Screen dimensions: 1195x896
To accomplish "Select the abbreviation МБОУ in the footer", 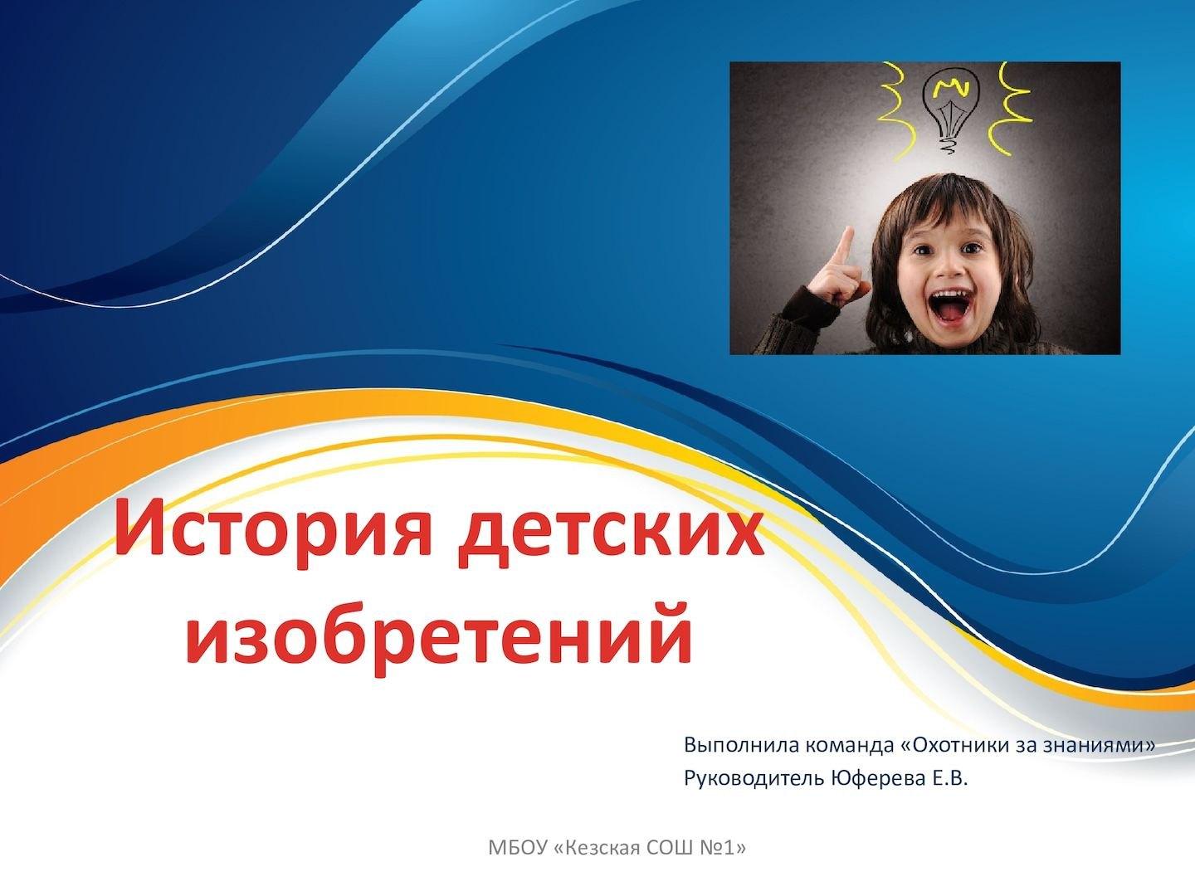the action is tap(517, 847).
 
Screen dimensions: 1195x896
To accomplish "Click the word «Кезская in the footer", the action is tap(596, 847).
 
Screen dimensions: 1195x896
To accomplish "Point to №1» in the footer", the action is tap(723, 847).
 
